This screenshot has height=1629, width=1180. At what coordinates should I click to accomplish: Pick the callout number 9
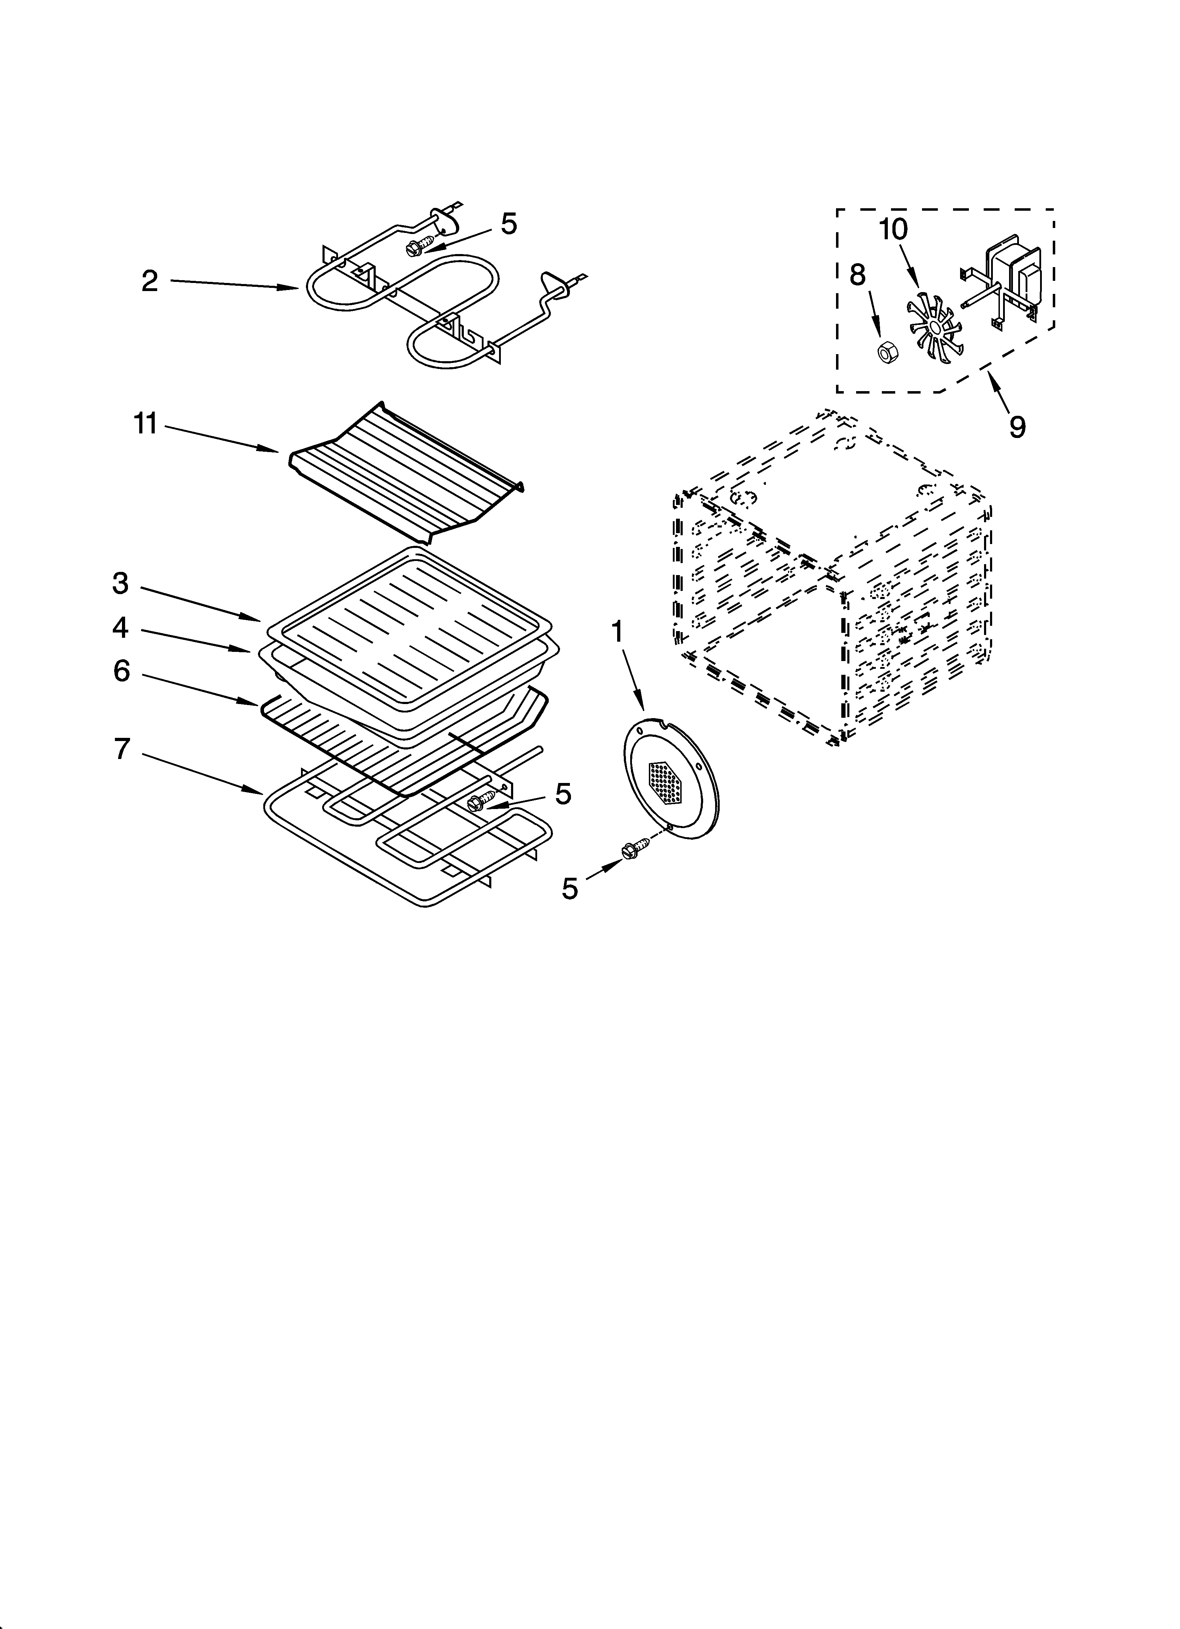[x=1017, y=427]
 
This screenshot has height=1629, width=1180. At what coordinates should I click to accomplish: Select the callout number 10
[x=893, y=230]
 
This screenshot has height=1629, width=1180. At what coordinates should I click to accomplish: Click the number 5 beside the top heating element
[x=508, y=224]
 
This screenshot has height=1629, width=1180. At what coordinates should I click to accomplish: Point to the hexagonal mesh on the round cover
[x=667, y=782]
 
